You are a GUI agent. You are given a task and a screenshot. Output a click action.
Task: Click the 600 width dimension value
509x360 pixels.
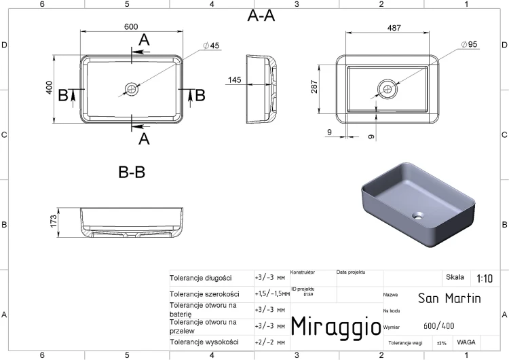coord(131,26)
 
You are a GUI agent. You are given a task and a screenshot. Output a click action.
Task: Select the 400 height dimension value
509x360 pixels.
coord(49,88)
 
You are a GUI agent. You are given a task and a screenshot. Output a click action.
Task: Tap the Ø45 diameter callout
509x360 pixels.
coord(211,46)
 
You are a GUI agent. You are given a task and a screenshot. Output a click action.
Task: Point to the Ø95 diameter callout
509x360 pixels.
coord(469,44)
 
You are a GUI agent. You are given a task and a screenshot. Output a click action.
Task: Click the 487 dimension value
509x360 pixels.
coord(394,29)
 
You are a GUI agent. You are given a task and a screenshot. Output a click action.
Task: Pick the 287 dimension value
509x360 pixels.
coord(314,87)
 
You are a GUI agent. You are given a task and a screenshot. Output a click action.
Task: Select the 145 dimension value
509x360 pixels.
coord(234,80)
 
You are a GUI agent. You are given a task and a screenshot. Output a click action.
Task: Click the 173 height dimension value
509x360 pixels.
coord(54,221)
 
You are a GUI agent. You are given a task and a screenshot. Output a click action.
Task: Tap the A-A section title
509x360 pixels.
coord(261,16)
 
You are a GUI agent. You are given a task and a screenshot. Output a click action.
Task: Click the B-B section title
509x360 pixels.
coord(132,173)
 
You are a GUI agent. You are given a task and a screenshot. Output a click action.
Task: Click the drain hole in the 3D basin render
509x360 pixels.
coord(418,215)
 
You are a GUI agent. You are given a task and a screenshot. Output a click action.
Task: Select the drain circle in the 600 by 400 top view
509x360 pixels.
coord(132,89)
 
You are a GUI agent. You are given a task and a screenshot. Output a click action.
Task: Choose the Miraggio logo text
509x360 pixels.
coord(336,326)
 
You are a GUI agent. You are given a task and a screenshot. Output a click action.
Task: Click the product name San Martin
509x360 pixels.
coord(449,298)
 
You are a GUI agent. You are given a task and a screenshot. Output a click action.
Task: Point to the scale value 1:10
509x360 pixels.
coord(485,278)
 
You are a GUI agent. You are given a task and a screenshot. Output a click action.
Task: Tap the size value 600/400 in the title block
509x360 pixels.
coord(439,325)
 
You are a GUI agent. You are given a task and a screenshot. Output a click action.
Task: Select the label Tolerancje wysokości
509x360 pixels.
coord(204,342)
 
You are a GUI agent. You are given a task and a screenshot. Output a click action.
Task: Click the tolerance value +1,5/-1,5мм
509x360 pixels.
coord(272,293)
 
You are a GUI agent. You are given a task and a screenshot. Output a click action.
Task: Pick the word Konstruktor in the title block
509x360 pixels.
coord(303,272)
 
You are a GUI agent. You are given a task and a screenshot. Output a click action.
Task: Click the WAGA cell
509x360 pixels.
coord(466,342)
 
